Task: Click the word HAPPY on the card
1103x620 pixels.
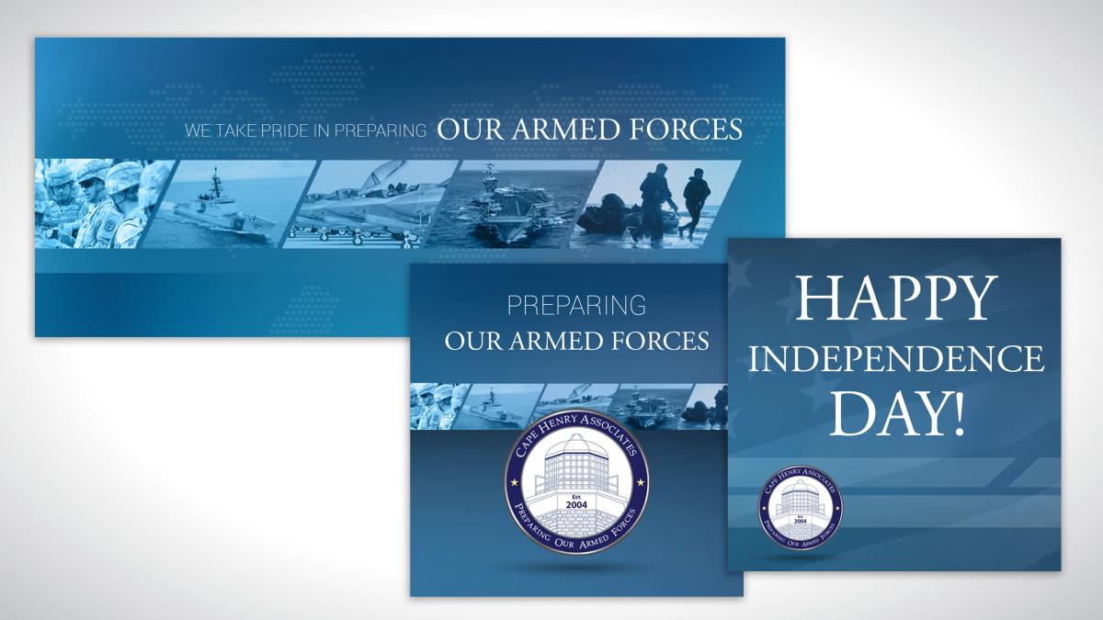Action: click(893, 299)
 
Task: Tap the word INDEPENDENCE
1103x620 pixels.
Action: click(895, 359)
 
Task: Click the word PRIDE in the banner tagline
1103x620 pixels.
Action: click(279, 130)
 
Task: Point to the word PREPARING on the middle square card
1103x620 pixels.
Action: click(576, 306)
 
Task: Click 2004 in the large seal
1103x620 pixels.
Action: click(576, 505)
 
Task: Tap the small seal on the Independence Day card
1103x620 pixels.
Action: click(801, 508)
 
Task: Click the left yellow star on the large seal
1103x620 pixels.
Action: click(514, 482)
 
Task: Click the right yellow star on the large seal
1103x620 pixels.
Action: click(641, 482)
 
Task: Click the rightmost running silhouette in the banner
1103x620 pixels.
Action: click(695, 202)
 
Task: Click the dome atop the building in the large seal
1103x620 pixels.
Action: click(576, 445)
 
